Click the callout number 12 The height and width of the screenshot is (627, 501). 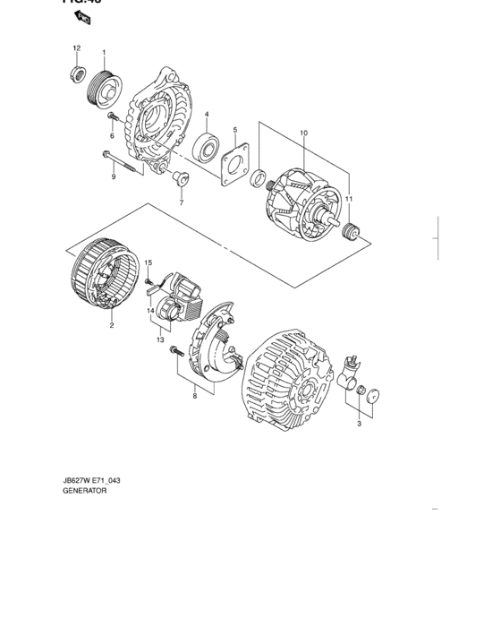[x=76, y=47]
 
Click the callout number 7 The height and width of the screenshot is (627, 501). [x=180, y=203]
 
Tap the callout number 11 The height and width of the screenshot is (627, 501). [x=350, y=198]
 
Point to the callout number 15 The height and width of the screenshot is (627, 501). [x=149, y=262]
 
